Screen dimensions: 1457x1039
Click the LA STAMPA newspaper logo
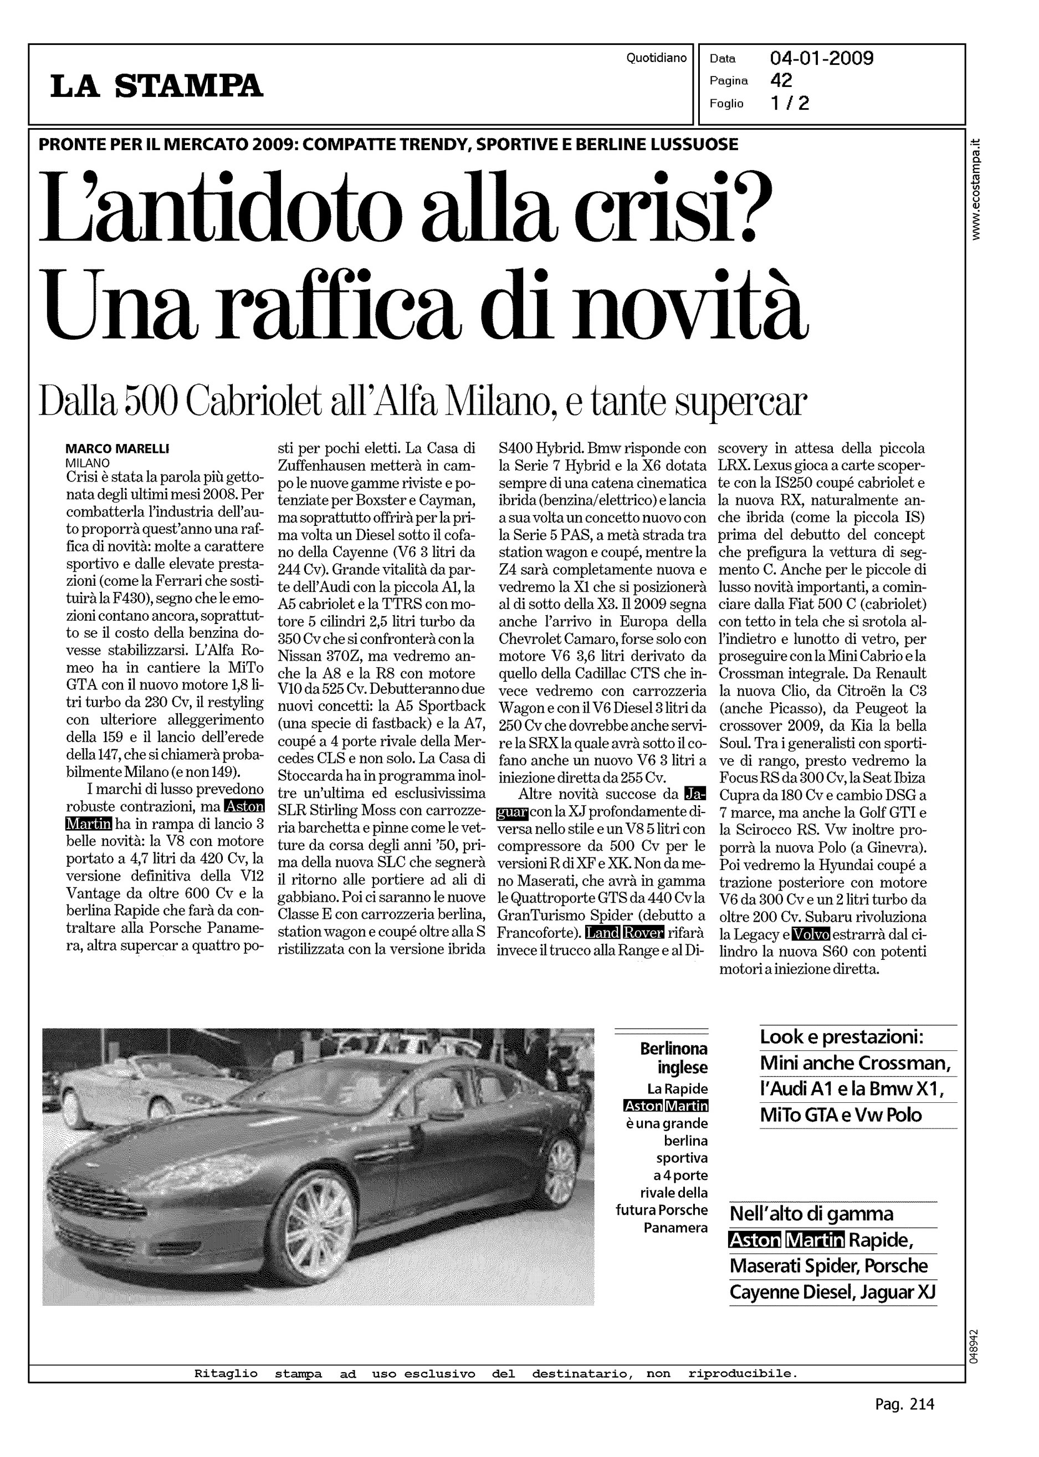[157, 86]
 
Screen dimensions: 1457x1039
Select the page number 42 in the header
[781, 80]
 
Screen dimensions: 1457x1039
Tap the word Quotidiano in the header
[656, 58]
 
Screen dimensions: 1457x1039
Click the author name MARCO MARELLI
[117, 449]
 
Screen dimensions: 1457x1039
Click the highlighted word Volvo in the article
[810, 935]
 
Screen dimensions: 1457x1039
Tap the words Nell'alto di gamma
[811, 1214]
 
